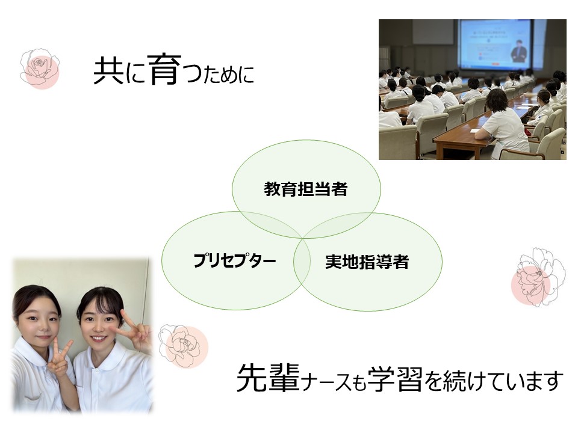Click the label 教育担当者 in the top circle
pyautogui.click(x=306, y=189)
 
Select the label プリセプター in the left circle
pyautogui.click(x=235, y=261)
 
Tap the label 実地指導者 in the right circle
pyautogui.click(x=367, y=262)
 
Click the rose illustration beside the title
pyautogui.click(x=40, y=67)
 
